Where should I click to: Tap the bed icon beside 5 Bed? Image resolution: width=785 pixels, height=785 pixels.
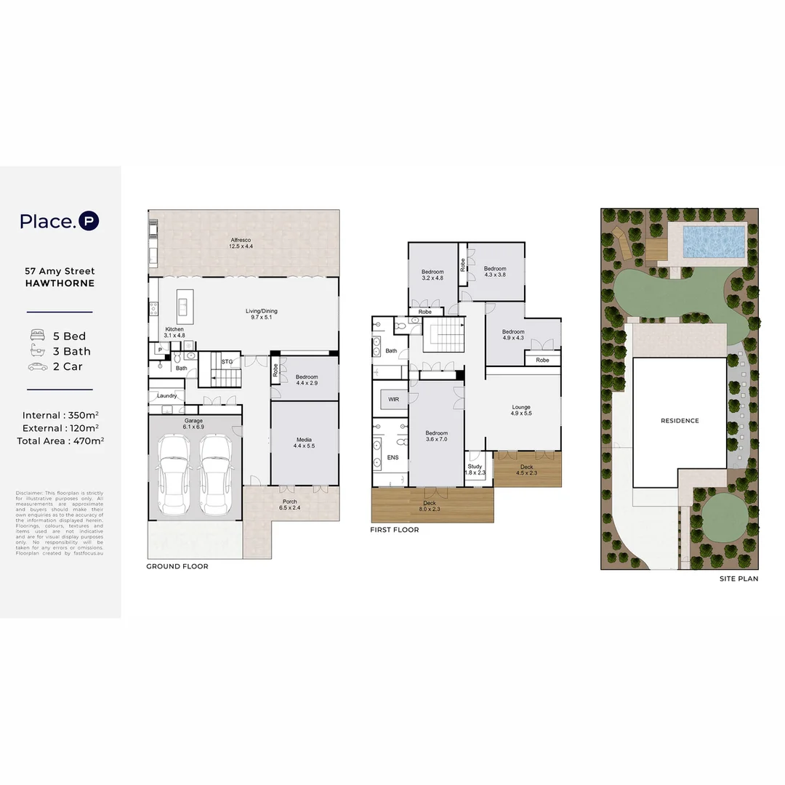[37, 336]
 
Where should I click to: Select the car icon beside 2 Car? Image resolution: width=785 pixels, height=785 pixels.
[37, 366]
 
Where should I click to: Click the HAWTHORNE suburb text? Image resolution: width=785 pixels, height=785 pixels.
[60, 283]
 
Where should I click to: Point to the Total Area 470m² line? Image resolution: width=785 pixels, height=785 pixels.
[60, 440]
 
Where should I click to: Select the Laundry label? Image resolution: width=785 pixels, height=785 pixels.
[166, 395]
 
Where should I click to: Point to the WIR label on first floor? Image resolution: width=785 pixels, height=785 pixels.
[393, 399]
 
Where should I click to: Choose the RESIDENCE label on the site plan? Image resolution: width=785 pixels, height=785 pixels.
[680, 421]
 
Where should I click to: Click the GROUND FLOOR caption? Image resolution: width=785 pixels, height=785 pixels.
[177, 566]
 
